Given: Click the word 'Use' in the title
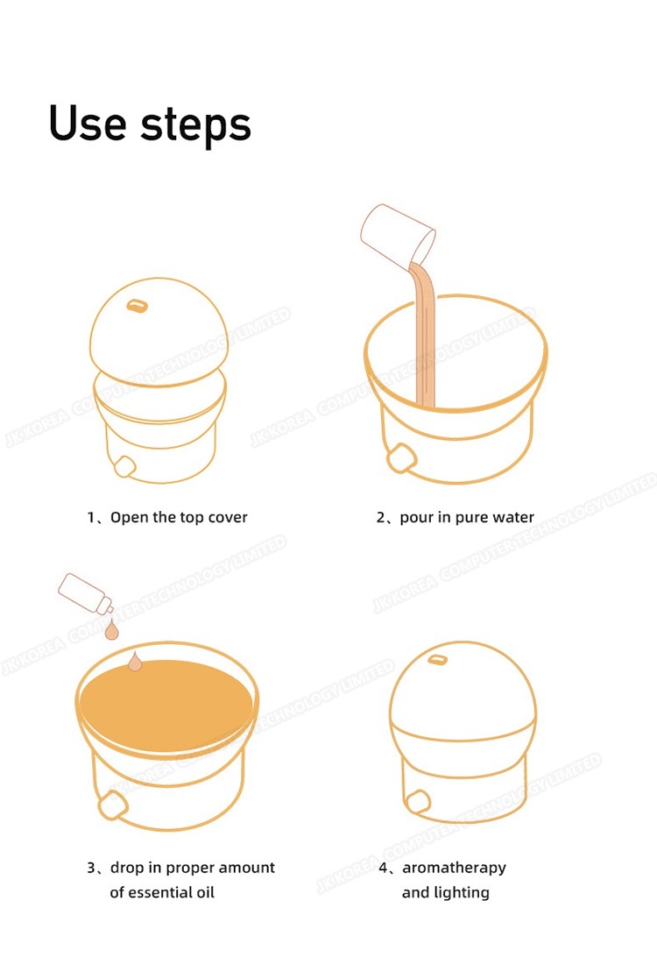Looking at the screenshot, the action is point(88,124).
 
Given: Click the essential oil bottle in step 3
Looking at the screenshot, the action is point(85,593).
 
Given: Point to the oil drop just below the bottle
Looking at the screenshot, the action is point(111,630).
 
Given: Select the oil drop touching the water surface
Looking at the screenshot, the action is point(136,662).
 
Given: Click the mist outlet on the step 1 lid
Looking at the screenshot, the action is point(138,306).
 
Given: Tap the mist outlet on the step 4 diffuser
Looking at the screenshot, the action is point(437,660).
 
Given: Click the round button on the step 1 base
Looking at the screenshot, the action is point(124,466).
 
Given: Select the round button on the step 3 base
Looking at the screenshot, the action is point(112,805).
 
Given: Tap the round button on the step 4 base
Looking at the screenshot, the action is point(418,801).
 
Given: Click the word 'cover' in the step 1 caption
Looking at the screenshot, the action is point(228,518).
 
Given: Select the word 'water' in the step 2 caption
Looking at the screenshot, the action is point(513,518).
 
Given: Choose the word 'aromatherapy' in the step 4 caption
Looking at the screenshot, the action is point(454,868).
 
